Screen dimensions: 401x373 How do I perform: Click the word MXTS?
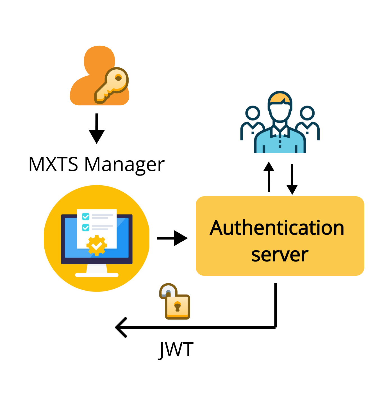coord(53,164)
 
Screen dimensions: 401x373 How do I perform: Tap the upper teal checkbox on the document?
coord(86,217)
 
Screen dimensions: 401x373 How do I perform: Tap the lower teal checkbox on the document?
coord(86,227)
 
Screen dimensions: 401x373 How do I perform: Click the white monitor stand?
coord(97,271)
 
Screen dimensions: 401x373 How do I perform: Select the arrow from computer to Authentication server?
coord(172,238)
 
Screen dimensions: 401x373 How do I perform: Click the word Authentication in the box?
coord(277,228)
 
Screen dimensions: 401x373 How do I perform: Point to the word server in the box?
coord(280,255)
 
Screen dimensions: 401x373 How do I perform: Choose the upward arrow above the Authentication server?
coord(269,177)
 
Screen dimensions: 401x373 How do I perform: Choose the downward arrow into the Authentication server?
coord(292,180)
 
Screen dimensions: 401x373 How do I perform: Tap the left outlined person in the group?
coord(253,121)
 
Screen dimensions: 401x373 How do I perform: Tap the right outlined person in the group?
coord(307,121)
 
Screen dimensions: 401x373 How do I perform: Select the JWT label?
coord(176,350)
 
